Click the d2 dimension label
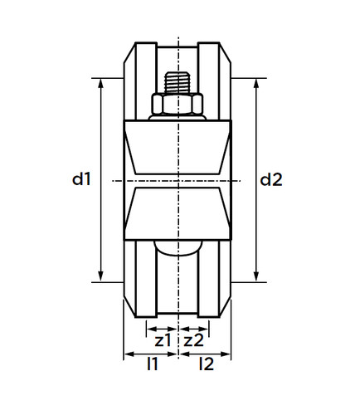(271, 179)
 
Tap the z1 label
(163, 340)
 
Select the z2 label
(194, 340)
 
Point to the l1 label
(153, 364)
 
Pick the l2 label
(207, 364)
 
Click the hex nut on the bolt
(178, 104)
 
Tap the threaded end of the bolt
(178, 82)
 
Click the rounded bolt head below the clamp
(178, 248)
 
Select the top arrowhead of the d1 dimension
(101, 83)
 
